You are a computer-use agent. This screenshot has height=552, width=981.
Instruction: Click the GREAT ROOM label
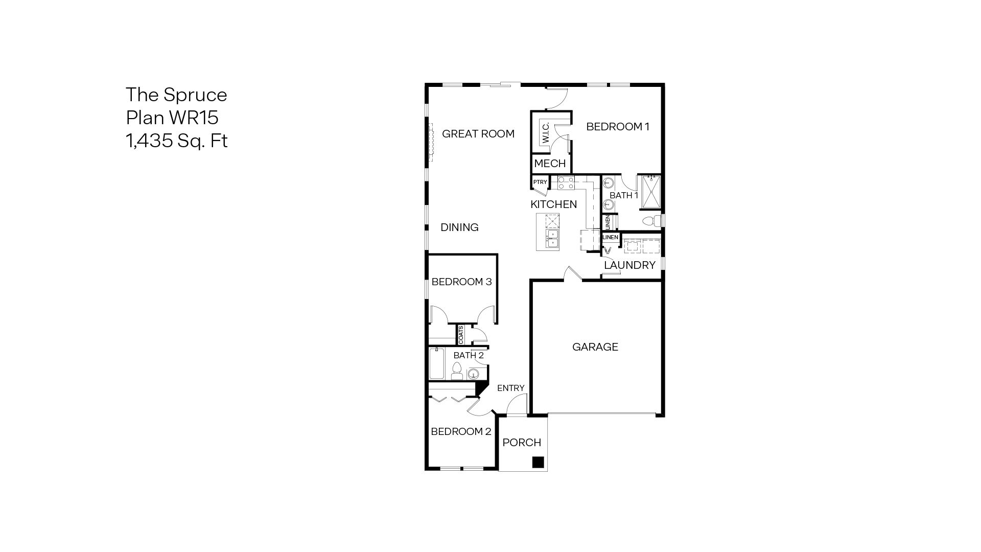(x=478, y=134)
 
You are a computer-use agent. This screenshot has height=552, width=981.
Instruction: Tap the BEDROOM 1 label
(x=617, y=127)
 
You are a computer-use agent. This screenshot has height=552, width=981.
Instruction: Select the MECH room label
(x=550, y=164)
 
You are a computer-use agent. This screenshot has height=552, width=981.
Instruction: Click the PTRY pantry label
(x=540, y=182)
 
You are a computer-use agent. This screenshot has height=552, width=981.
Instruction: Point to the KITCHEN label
(x=553, y=204)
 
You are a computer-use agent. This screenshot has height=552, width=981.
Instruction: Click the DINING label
(x=459, y=227)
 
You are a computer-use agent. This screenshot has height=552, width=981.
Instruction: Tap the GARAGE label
(x=595, y=347)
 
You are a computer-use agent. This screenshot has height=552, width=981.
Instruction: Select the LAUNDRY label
(x=629, y=265)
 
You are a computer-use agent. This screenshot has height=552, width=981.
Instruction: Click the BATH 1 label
(x=624, y=195)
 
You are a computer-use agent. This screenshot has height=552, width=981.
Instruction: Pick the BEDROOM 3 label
(x=461, y=282)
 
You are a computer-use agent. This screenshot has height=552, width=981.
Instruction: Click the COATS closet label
(x=461, y=335)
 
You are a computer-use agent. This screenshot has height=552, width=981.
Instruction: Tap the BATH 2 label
(x=468, y=355)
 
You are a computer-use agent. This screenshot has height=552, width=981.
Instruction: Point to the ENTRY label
(x=510, y=388)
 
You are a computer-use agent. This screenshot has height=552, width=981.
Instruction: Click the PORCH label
(x=522, y=443)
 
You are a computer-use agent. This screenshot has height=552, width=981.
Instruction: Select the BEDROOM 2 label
(x=461, y=431)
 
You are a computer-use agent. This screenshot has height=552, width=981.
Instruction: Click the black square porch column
(x=538, y=463)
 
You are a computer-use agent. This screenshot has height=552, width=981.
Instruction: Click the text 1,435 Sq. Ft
(x=176, y=141)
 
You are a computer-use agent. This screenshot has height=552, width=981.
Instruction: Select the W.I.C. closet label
(x=546, y=132)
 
